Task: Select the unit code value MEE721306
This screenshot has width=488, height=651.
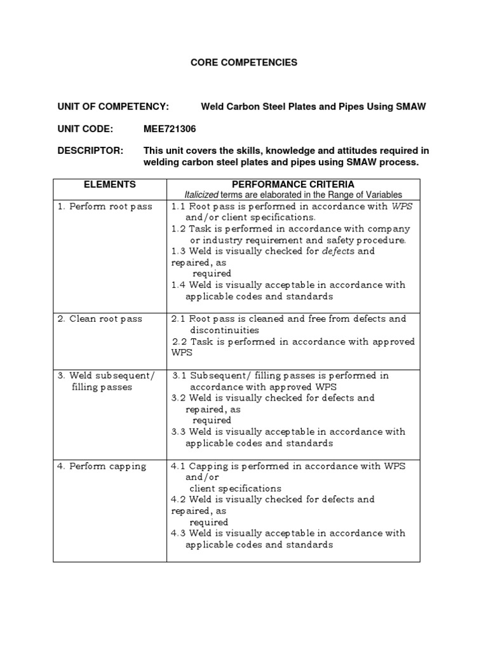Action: [x=170, y=129]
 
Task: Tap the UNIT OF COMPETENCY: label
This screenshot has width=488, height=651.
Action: [x=112, y=106]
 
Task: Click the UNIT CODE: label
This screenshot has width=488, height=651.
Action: [x=85, y=129]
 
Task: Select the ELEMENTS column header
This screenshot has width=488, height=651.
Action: [x=109, y=184]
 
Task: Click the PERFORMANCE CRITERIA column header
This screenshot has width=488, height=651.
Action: [x=293, y=184]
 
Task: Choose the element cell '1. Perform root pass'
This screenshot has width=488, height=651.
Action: [x=104, y=207]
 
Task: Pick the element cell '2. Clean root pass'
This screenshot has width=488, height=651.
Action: [x=100, y=319]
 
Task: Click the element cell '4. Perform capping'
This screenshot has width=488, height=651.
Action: [x=102, y=466]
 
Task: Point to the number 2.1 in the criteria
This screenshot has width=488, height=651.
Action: [x=180, y=319]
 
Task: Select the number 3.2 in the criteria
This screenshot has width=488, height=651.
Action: [x=179, y=398]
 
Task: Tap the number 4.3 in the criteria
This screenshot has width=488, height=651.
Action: [x=179, y=533]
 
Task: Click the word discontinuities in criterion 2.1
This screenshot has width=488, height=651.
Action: [x=224, y=330]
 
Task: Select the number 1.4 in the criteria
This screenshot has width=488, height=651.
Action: [x=179, y=285]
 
